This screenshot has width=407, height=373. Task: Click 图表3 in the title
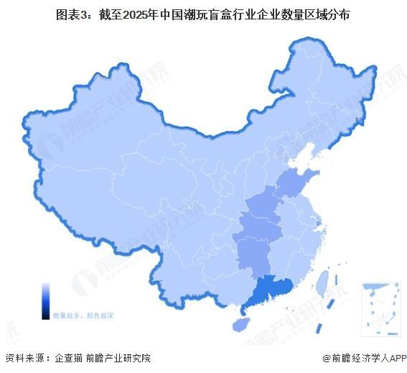(72, 15)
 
